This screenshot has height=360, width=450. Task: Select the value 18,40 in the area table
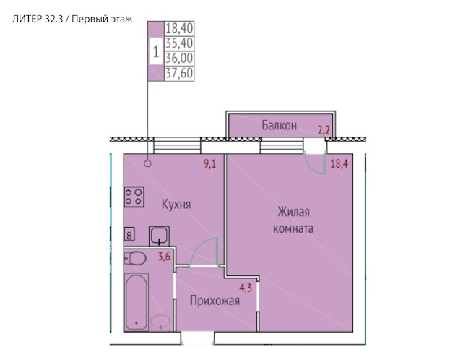tap(178, 29)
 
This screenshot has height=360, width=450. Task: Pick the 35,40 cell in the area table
tap(178, 43)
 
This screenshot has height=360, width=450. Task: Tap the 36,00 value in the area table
tap(178, 58)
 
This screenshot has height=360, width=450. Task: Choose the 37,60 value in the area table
tap(178, 73)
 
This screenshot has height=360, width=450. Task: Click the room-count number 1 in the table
tap(156, 51)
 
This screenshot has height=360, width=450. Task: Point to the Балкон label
tap(279, 126)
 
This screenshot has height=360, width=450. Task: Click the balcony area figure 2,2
tap(324, 131)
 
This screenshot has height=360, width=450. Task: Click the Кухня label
tap(176, 205)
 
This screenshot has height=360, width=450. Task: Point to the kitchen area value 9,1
tap(210, 164)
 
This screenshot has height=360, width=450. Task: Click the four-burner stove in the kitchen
tap(132, 197)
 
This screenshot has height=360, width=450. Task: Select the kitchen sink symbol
tap(159, 234)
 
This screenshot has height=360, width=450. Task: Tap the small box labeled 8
tap(129, 234)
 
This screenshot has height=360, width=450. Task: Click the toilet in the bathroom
tap(136, 258)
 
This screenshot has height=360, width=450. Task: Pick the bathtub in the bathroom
tap(137, 301)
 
